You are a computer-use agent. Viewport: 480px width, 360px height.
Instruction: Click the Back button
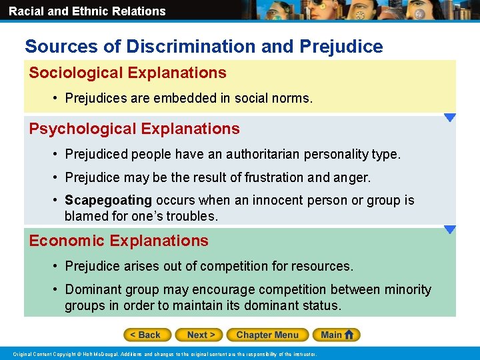(x=147, y=335)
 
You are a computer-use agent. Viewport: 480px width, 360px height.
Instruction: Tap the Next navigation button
(x=199, y=335)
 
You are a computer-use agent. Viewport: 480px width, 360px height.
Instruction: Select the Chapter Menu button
(x=267, y=335)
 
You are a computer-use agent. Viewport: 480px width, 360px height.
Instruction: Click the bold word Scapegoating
(x=108, y=200)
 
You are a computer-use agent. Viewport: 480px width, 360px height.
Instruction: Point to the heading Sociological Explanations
(x=127, y=73)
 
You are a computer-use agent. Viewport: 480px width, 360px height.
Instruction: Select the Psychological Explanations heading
(x=134, y=129)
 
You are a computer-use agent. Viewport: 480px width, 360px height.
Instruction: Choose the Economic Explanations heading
(x=119, y=241)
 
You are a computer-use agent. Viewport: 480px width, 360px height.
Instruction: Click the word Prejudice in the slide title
(x=341, y=47)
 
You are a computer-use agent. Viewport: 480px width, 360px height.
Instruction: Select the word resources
(x=324, y=266)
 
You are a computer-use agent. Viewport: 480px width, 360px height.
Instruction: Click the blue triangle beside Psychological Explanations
(x=450, y=118)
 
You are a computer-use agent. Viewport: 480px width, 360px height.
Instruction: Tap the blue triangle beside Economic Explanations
(x=450, y=230)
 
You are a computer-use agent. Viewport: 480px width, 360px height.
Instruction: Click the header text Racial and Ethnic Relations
(x=87, y=11)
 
